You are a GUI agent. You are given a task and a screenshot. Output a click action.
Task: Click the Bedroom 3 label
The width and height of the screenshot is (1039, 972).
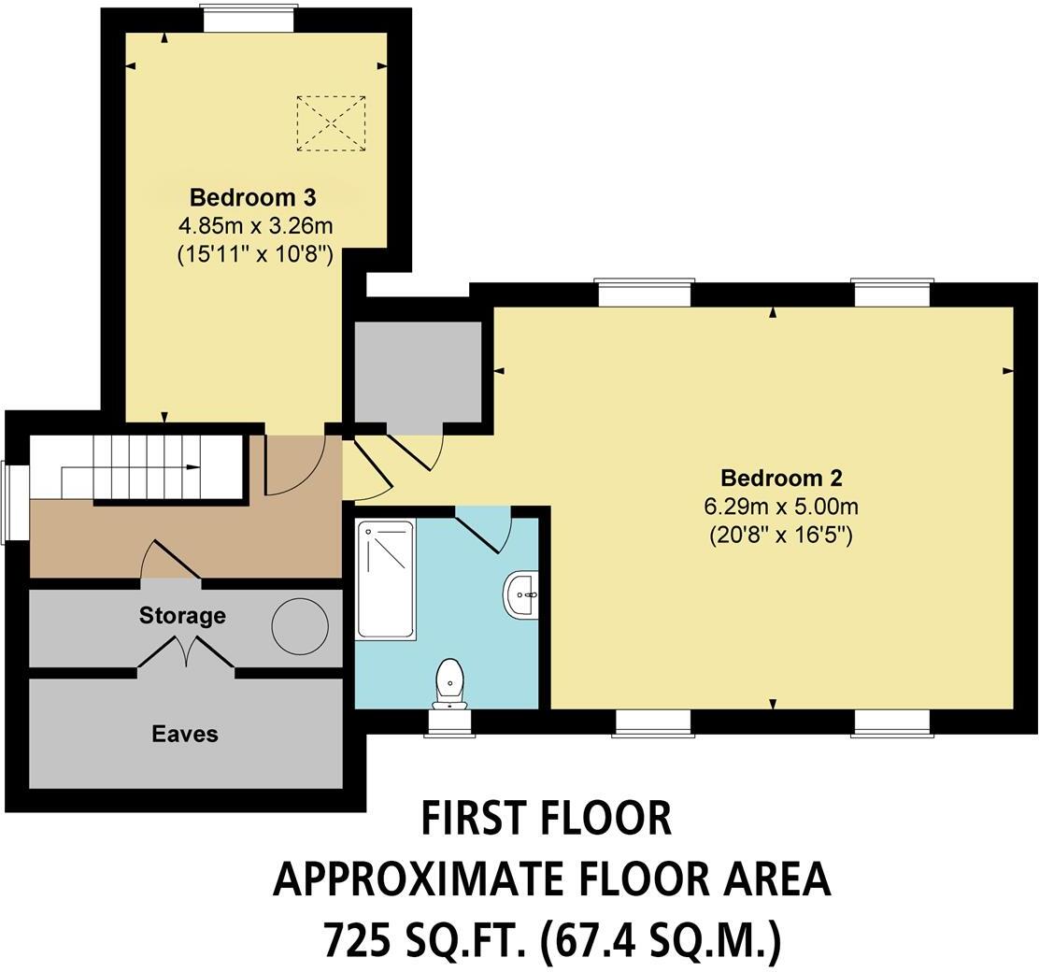click(252, 197)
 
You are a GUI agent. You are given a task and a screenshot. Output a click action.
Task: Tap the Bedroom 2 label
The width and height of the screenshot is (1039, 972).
click(782, 479)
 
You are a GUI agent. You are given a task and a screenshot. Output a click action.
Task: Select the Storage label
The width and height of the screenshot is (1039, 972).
click(182, 616)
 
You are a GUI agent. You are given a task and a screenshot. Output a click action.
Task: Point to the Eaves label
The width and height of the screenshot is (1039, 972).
click(185, 735)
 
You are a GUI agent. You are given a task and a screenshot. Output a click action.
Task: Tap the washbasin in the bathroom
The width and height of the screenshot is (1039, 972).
click(520, 594)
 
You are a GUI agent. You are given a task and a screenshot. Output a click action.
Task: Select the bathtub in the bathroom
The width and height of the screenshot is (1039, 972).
click(386, 579)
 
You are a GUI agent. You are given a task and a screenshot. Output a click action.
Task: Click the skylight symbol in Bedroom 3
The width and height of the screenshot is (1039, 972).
click(331, 122)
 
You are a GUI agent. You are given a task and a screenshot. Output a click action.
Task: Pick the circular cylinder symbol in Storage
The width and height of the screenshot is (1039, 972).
click(299, 622)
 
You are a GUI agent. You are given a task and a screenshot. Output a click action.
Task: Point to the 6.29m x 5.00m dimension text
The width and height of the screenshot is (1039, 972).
click(781, 507)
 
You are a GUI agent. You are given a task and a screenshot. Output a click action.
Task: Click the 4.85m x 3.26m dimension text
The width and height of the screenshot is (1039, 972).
click(255, 225)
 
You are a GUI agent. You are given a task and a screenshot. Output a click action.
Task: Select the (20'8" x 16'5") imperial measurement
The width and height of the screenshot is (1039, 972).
click(781, 536)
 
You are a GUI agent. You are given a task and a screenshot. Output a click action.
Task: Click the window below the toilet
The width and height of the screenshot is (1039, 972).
click(449, 722)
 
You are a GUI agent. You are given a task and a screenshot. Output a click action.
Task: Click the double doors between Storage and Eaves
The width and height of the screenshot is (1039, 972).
click(186, 651)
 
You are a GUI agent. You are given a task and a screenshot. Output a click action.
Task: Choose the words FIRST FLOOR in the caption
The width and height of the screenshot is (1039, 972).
click(547, 818)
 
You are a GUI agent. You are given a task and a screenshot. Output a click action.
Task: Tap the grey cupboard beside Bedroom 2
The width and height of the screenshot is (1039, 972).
click(418, 372)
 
